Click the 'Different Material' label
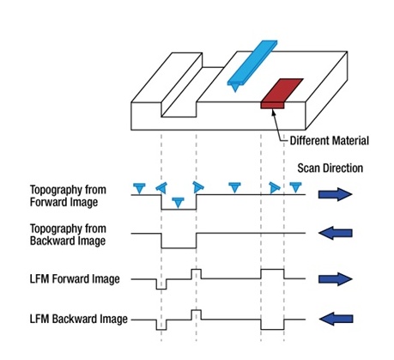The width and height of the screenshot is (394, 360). point(329,141)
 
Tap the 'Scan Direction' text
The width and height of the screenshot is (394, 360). point(330,168)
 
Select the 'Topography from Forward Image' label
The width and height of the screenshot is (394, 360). point(68,196)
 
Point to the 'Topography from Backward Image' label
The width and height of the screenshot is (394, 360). point(68,235)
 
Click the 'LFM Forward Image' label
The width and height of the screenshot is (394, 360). point(75,279)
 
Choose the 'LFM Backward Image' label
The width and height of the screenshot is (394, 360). point(79,319)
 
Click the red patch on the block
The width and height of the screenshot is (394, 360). point(282,94)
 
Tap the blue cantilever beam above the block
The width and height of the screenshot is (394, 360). point(252,63)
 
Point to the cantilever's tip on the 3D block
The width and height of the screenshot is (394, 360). point(235,91)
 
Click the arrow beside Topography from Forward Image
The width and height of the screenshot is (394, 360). point(336,194)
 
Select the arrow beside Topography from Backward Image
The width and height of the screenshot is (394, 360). point(336,233)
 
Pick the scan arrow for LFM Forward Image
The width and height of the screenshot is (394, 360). point(336,279)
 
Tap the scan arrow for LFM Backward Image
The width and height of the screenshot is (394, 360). point(336,319)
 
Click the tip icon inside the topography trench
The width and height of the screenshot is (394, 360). point(179,202)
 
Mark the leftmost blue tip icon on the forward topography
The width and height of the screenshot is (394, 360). point(139,188)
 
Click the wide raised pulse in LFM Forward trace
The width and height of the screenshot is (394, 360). point(272,270)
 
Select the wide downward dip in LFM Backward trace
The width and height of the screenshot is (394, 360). point(272,329)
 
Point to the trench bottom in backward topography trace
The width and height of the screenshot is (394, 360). point(179,248)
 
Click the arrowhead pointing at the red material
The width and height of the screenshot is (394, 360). point(273,113)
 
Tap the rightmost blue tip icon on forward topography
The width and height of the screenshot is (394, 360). point(295,187)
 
